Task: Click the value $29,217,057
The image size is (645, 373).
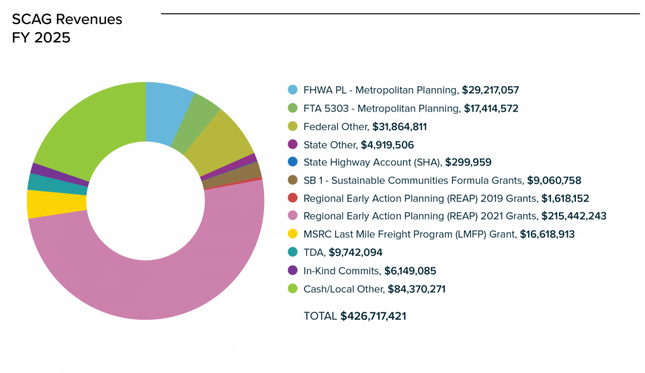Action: click(x=490, y=90)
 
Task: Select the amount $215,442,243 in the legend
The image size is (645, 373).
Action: click(x=574, y=216)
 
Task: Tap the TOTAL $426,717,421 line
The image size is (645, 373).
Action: click(x=355, y=316)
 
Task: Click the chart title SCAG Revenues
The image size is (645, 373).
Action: click(x=67, y=19)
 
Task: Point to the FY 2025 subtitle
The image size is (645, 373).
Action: click(x=41, y=38)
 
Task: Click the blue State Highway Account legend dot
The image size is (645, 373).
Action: click(x=292, y=162)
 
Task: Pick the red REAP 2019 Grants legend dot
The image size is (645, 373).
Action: click(x=292, y=198)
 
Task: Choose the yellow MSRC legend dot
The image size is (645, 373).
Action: click(x=292, y=235)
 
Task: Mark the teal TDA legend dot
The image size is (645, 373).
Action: click(x=292, y=253)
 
